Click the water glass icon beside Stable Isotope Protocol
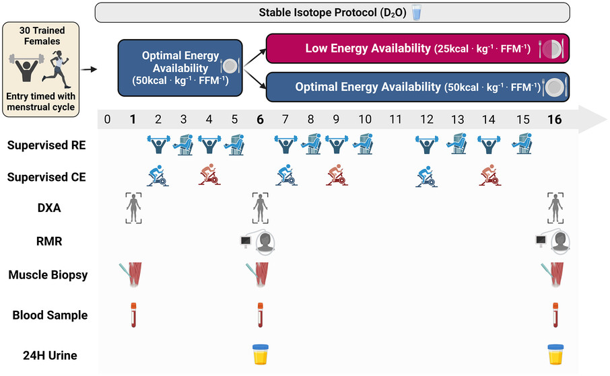(417, 12)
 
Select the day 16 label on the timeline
(554, 119)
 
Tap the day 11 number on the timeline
(395, 119)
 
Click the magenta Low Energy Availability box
(417, 48)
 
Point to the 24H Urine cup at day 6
(261, 354)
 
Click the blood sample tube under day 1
(133, 315)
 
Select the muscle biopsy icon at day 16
(552, 274)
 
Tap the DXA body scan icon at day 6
(260, 208)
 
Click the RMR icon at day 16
(552, 242)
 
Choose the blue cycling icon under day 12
(426, 176)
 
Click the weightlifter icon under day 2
(159, 144)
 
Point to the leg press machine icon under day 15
(522, 144)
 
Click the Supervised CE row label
(46, 177)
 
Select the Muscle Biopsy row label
(48, 275)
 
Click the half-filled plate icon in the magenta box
(551, 49)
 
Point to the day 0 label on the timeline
(107, 119)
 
